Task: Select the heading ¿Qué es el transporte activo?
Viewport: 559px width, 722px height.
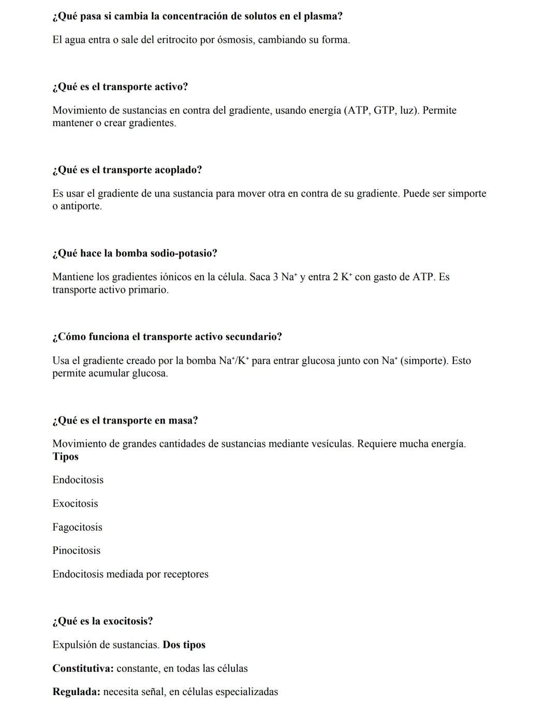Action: pyautogui.click(x=120, y=87)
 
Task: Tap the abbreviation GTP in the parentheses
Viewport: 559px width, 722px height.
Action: pyautogui.click(x=384, y=110)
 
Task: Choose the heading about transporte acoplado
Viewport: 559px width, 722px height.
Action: pyautogui.click(x=127, y=170)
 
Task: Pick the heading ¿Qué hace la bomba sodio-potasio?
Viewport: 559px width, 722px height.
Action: pyautogui.click(x=135, y=253)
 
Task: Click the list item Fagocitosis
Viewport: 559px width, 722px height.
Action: pyautogui.click(x=77, y=527)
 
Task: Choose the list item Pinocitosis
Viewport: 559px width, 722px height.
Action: pyautogui.click(x=76, y=550)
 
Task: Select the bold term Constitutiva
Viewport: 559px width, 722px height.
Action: pyautogui.click(x=83, y=668)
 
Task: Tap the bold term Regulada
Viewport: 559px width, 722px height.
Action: pyautogui.click(x=76, y=692)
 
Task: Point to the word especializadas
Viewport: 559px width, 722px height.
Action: pyautogui.click(x=246, y=692)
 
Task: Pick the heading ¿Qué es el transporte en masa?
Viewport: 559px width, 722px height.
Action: pyautogui.click(x=125, y=420)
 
